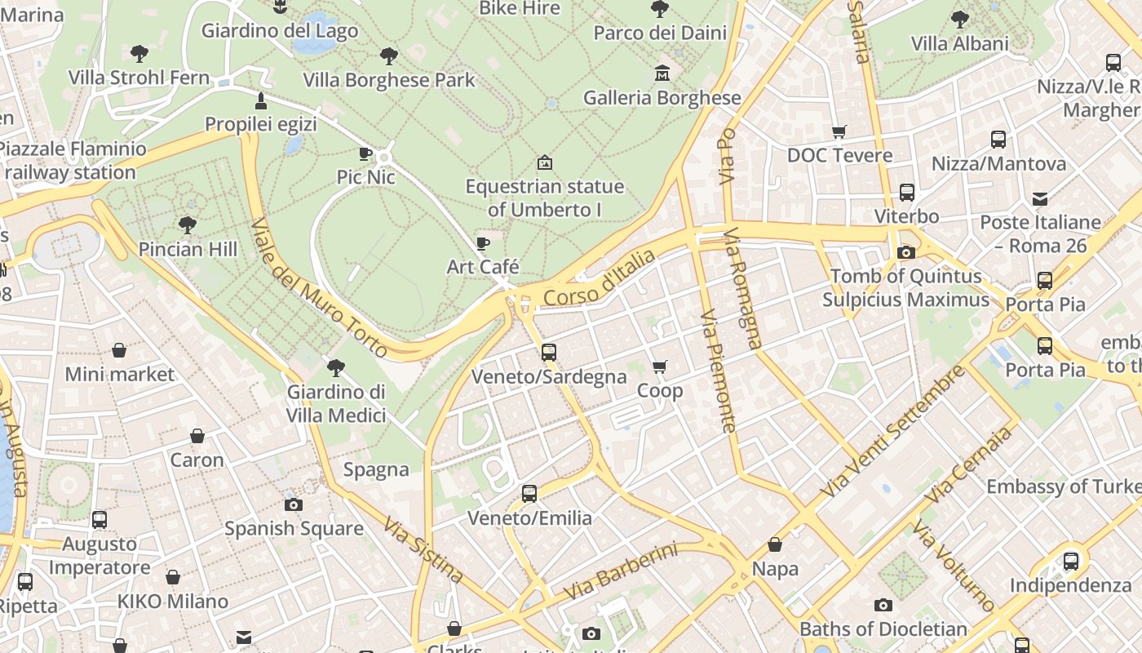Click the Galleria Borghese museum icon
(662, 74)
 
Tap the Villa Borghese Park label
(389, 80)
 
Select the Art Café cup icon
(483, 243)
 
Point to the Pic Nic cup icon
(365, 153)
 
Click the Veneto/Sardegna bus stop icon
(549, 353)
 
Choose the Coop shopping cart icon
(660, 367)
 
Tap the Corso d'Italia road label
(599, 279)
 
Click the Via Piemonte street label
(719, 370)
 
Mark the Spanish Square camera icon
(294, 504)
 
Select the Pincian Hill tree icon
(188, 224)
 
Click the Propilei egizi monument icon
(261, 101)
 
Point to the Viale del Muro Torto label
(318, 287)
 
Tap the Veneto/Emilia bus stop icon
(529, 494)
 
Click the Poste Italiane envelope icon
(1040, 198)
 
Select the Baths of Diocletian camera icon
(883, 605)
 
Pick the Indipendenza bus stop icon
(1071, 562)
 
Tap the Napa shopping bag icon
(775, 544)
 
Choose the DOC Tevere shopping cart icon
(839, 131)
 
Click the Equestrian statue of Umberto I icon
(544, 163)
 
